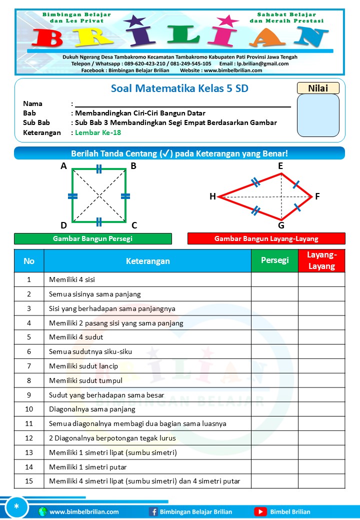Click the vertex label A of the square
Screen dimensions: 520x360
(x=64, y=166)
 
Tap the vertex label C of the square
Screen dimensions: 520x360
(x=134, y=225)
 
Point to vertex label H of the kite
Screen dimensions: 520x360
(x=212, y=197)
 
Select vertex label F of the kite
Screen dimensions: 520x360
(x=317, y=196)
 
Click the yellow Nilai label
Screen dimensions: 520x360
(x=318, y=88)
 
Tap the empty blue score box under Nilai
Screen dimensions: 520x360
(x=318, y=115)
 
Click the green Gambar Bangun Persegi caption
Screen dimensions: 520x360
(x=92, y=238)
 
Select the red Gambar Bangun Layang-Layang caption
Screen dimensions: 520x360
(x=266, y=238)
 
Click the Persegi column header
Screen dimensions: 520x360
(x=274, y=260)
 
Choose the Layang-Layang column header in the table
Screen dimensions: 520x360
(x=321, y=260)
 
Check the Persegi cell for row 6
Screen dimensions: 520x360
(x=274, y=351)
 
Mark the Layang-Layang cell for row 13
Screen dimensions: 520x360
(x=321, y=452)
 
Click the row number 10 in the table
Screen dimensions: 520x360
(x=29, y=409)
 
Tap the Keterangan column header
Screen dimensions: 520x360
(x=147, y=260)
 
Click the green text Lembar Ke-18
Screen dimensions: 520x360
(x=98, y=132)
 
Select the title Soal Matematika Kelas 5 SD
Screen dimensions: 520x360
(x=179, y=89)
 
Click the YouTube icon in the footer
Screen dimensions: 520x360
(x=260, y=511)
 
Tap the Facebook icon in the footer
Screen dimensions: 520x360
(x=153, y=511)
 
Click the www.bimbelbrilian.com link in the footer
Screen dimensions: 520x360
(x=84, y=511)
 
